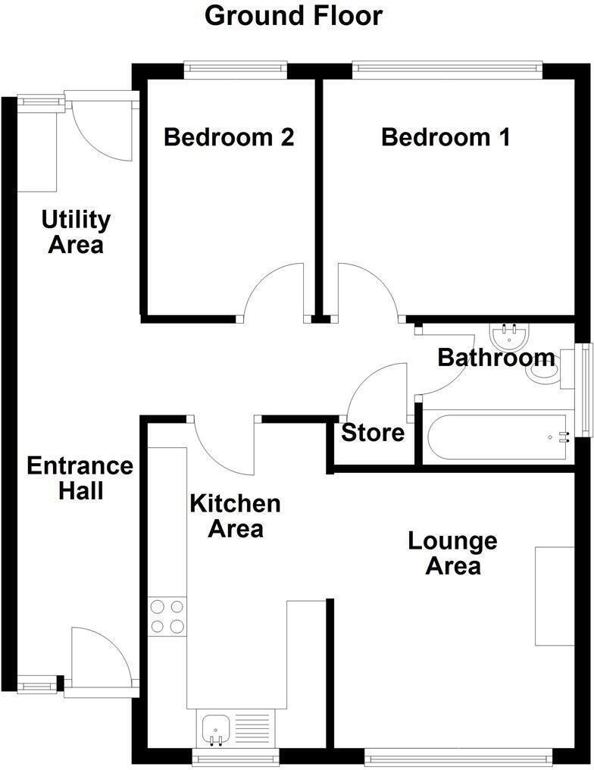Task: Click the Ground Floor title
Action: point(294,16)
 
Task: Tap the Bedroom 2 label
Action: point(229,138)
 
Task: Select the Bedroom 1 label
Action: point(445,138)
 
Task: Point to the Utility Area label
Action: point(76,233)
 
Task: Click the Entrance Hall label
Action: point(80,477)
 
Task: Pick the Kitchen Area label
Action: point(235,515)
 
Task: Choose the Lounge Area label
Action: point(452,553)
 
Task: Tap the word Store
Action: point(373,434)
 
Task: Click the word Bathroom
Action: point(496,357)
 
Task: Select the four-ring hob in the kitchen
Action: point(167,616)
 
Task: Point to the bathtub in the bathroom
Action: point(496,437)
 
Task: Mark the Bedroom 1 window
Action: point(448,70)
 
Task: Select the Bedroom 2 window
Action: point(236,70)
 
